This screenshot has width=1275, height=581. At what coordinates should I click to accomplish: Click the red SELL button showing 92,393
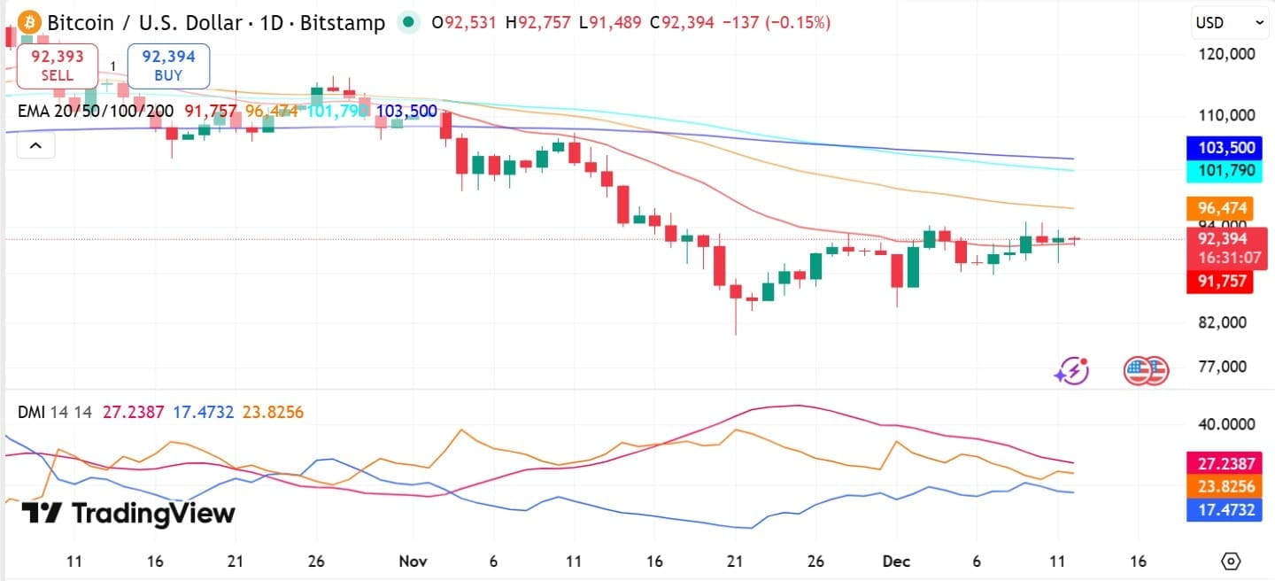click(57, 66)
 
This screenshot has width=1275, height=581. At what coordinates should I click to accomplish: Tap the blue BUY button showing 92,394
click(168, 66)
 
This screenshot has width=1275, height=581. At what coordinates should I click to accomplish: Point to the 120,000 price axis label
click(1225, 54)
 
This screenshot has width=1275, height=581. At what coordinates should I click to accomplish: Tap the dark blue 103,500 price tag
click(1221, 148)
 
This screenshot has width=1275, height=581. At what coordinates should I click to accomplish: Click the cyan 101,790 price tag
click(1221, 170)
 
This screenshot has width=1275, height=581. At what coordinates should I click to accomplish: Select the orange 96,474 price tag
click(1221, 209)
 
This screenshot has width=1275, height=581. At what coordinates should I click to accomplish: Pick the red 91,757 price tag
click(1221, 282)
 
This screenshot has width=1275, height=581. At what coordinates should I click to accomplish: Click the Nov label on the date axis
click(412, 561)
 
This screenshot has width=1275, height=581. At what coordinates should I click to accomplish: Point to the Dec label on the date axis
click(896, 561)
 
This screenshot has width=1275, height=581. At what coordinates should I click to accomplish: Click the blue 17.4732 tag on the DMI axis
click(1221, 508)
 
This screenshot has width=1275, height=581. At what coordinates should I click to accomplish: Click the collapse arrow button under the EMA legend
click(35, 145)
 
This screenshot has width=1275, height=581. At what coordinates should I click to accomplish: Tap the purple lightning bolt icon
click(1071, 371)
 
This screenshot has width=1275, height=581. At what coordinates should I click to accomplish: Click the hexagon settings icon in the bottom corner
click(1231, 561)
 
